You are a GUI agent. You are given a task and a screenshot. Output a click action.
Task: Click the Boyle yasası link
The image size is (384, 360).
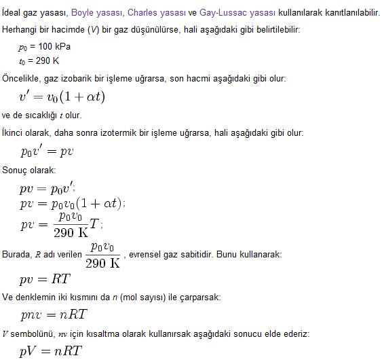96,13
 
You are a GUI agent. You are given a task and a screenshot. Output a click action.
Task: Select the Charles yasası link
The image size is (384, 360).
153,13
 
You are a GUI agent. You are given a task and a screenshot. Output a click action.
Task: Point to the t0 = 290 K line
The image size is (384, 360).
41,61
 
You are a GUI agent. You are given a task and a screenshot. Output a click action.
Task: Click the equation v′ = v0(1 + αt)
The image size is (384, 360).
62,96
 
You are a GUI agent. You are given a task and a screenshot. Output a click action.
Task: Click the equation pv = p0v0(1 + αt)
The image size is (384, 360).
73,203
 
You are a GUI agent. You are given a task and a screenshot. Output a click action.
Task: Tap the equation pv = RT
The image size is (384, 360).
45,278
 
